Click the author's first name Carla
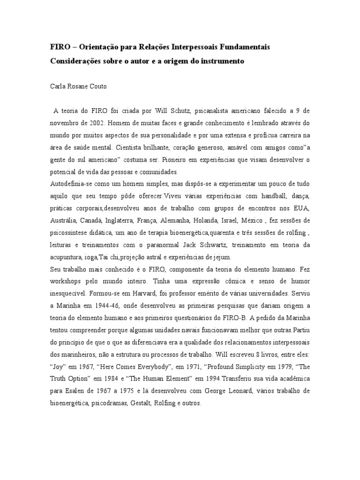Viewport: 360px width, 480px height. click(59, 87)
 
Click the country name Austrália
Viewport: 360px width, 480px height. click(63, 221)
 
